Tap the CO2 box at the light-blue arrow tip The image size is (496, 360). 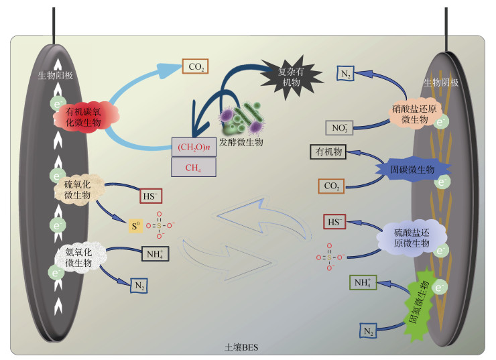[196, 66]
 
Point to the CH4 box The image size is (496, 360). [194, 167]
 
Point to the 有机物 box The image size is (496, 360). [327, 152]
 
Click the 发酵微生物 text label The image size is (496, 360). [243, 142]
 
